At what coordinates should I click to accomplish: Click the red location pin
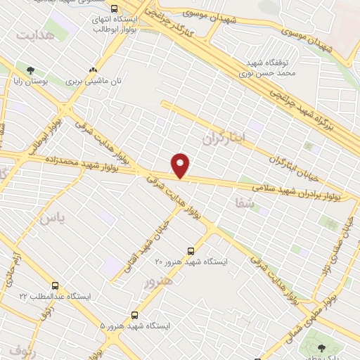point(181,165)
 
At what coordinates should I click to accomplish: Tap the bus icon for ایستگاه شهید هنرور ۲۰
point(191,250)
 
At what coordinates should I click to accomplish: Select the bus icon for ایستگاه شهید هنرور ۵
point(134,315)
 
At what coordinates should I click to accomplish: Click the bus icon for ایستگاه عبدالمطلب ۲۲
point(55,286)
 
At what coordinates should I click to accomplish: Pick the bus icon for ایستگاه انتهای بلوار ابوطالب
point(114,8)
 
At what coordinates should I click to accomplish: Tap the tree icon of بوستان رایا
point(30,70)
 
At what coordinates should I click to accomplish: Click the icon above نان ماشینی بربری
point(93,70)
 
